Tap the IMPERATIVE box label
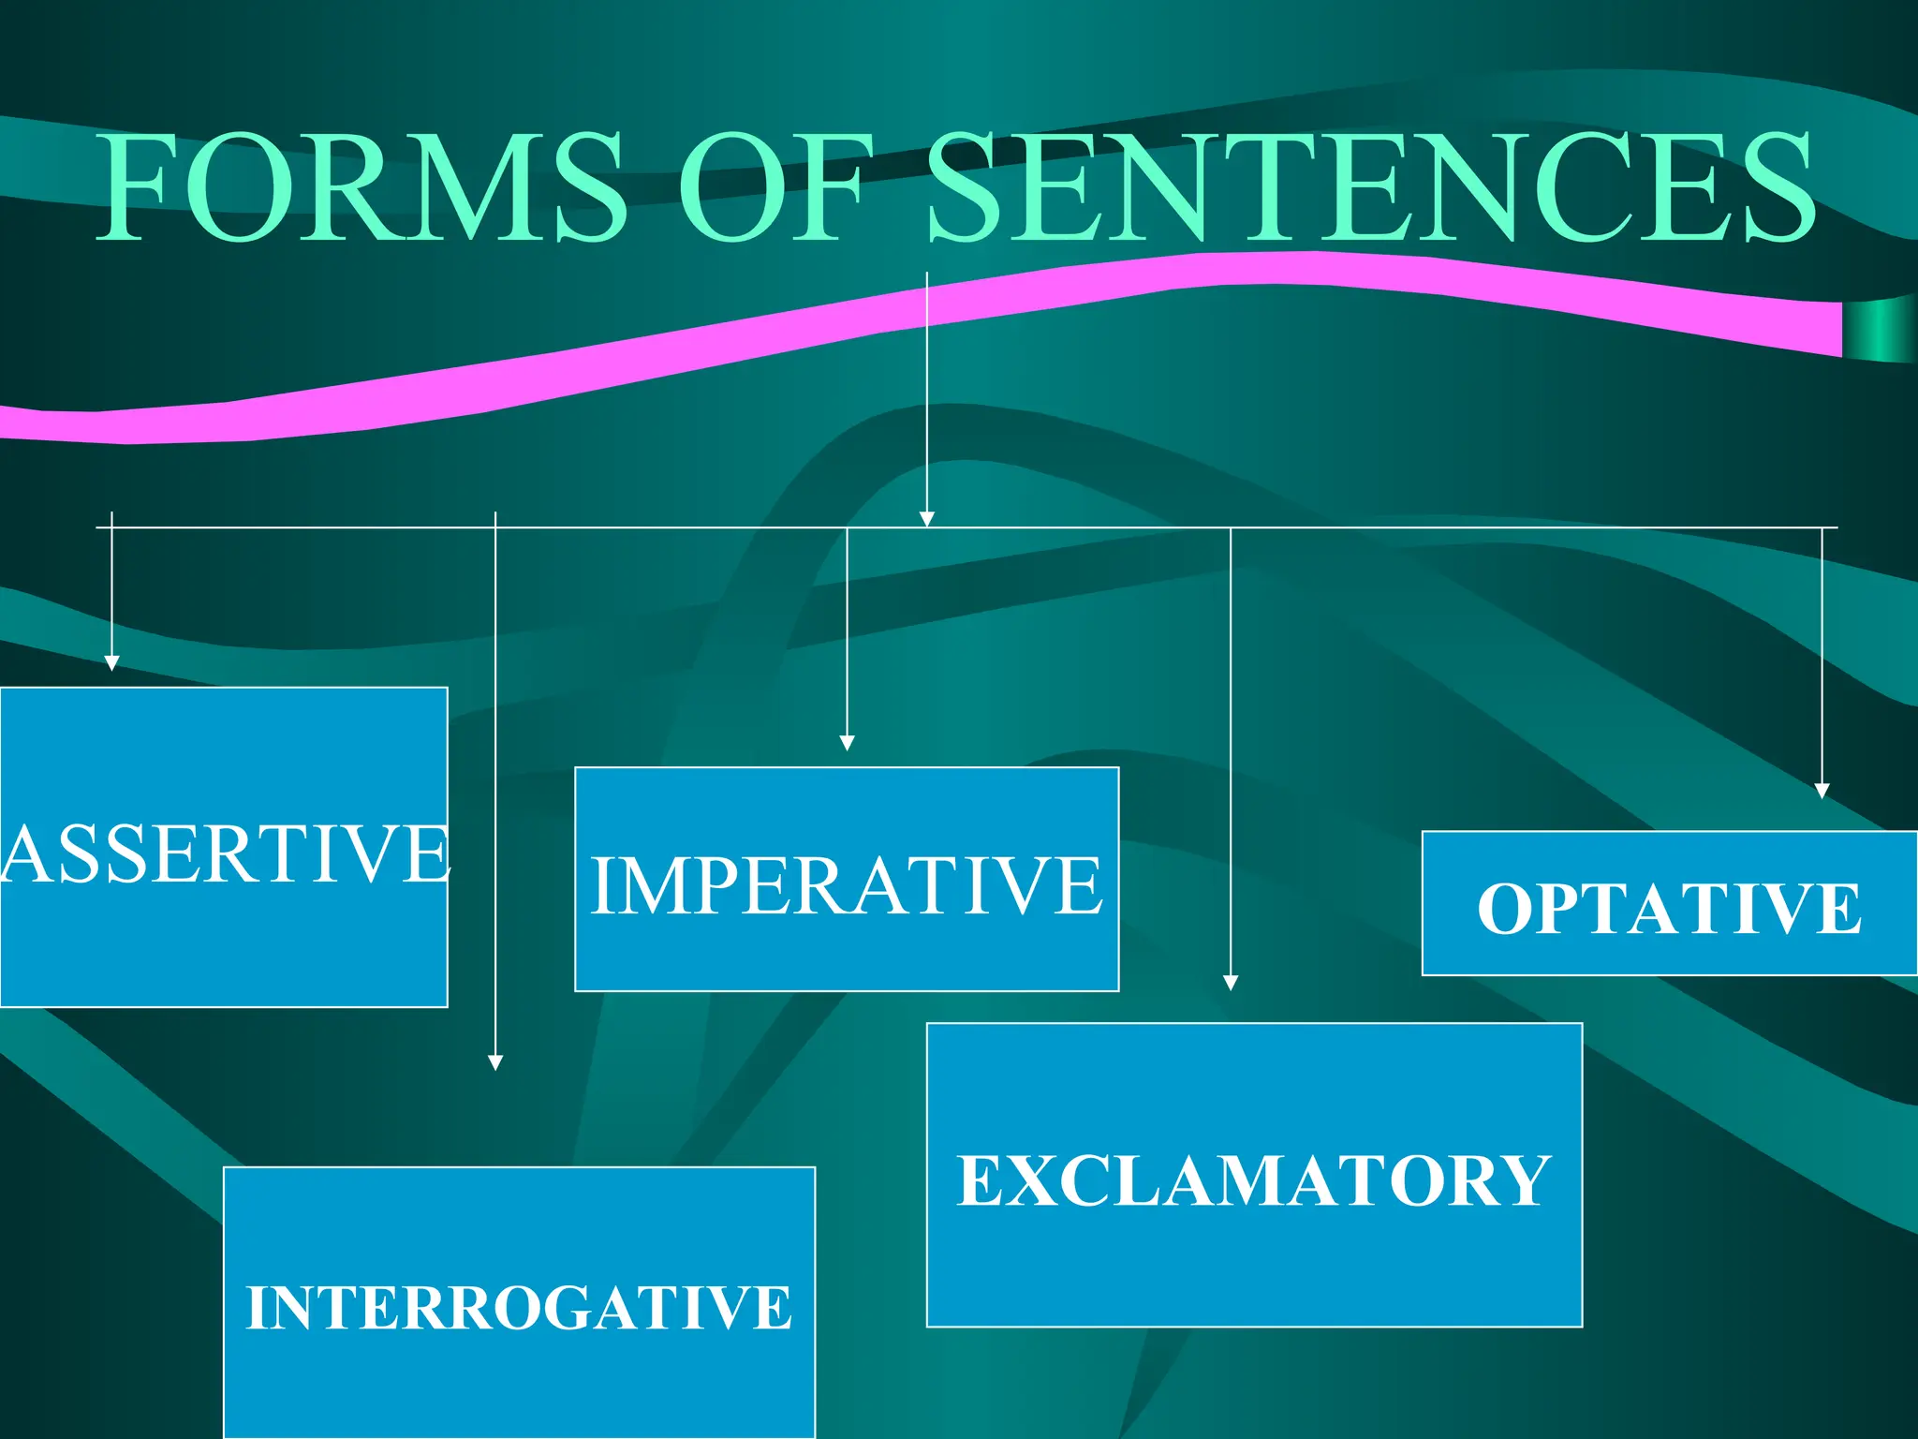click(847, 885)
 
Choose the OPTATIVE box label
click(1669, 908)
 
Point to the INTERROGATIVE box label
click(519, 1308)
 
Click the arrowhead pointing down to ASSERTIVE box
click(111, 663)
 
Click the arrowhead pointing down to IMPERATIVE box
click(847, 743)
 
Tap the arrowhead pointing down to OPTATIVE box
click(1822, 791)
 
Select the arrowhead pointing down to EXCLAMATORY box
click(1231, 982)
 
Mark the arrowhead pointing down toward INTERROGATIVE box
click(495, 1062)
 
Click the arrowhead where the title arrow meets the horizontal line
click(926, 519)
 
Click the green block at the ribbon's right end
click(1878, 329)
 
